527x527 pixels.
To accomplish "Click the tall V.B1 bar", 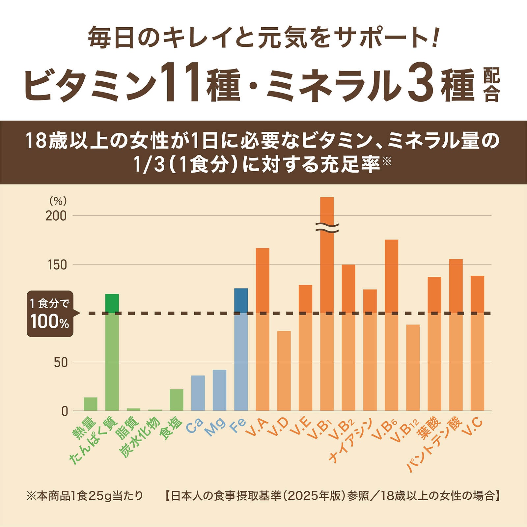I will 327,296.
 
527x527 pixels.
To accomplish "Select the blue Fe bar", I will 241,349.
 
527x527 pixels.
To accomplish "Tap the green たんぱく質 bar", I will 112,352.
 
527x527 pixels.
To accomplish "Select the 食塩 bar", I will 177,400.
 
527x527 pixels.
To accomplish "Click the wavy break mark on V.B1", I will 327,227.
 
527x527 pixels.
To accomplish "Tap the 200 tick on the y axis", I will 56,216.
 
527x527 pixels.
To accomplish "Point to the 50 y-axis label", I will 59,363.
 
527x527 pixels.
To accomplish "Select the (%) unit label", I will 58,201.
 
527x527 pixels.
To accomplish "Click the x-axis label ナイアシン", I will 350,441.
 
